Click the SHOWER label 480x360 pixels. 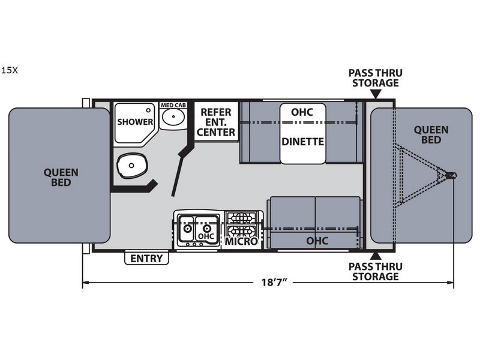click(135, 122)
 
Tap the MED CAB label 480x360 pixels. click(173, 106)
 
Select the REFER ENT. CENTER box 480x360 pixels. click(216, 122)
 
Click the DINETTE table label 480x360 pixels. click(302, 142)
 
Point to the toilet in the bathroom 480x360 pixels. click(131, 166)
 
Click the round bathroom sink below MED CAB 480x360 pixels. click(173, 116)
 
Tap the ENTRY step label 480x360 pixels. click(146, 259)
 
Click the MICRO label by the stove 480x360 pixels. click(242, 242)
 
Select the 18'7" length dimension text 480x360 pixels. click(274, 282)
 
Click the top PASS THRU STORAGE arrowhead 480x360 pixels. click(376, 95)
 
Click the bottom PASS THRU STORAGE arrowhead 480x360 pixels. click(376, 256)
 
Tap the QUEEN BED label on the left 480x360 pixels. click(61, 178)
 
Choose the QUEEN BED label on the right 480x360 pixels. click(431, 135)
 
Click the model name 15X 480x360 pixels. click(10, 70)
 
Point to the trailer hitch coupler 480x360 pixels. click(451, 176)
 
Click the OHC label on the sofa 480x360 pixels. click(317, 241)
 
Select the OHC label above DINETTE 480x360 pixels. click(302, 112)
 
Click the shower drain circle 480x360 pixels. click(148, 110)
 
